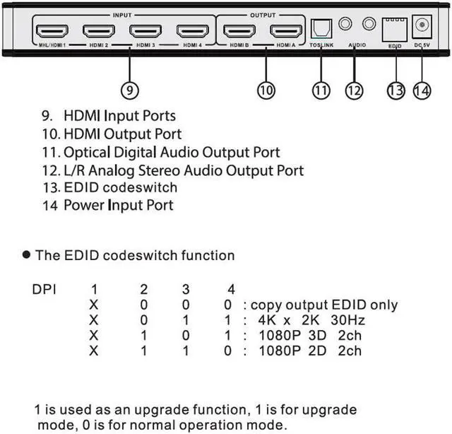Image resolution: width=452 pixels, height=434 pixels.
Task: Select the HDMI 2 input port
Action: tap(98, 31)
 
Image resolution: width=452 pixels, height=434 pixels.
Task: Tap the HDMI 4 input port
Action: tap(193, 31)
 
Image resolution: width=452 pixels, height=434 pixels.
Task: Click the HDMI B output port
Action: tap(239, 31)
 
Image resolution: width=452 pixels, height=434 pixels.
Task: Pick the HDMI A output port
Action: tap(286, 31)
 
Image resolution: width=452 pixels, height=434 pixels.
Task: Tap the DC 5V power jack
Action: tap(423, 26)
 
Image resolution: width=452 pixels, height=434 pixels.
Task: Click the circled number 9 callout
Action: tap(129, 90)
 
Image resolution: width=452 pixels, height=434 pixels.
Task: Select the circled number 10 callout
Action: tap(266, 90)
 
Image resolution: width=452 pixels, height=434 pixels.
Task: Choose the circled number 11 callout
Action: tap(321, 90)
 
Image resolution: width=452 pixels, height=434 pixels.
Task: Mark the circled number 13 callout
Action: tap(397, 90)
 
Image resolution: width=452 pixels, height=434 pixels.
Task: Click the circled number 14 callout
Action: tap(422, 90)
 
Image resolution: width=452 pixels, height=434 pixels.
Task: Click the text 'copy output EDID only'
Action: tap(324, 305)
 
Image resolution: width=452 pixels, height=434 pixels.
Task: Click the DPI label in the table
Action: tap(44, 290)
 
